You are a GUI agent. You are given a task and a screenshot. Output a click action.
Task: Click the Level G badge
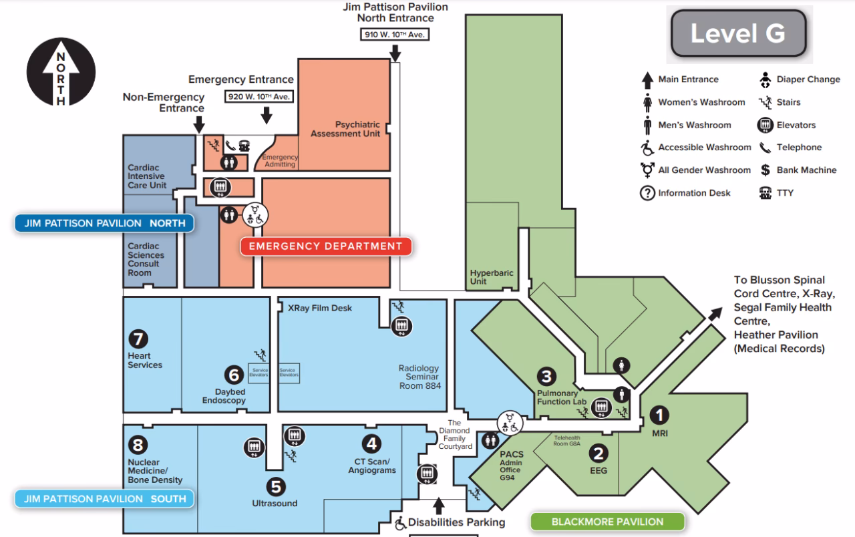(x=737, y=33)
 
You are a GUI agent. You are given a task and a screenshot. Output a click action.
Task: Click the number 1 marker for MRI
(x=660, y=415)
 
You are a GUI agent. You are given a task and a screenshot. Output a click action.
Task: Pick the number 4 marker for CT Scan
(x=371, y=443)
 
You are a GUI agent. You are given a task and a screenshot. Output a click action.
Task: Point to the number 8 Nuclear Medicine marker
(x=138, y=445)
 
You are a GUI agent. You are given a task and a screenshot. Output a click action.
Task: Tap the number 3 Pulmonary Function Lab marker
(x=546, y=377)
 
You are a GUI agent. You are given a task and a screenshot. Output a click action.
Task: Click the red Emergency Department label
(x=325, y=246)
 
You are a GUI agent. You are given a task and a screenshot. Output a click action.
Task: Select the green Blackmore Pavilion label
(x=607, y=522)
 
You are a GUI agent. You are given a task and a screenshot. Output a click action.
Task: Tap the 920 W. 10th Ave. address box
(x=259, y=97)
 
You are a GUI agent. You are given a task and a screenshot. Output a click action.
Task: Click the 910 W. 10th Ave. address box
(x=395, y=34)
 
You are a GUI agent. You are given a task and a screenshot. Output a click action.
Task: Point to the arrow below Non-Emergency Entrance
(x=198, y=124)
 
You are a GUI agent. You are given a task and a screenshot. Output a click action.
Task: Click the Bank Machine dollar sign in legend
(x=765, y=170)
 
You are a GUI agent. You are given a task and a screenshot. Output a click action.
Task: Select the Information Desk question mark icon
(x=647, y=193)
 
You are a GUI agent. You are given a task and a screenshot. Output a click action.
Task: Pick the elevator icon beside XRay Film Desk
(x=401, y=325)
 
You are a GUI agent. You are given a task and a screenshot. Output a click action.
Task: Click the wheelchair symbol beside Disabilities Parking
(x=400, y=524)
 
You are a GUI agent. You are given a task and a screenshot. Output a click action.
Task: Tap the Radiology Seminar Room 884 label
(x=419, y=377)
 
